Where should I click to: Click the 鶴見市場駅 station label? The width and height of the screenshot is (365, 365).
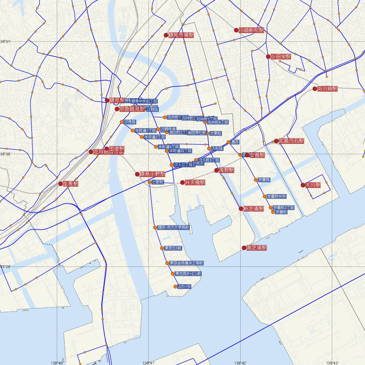pos(181,35)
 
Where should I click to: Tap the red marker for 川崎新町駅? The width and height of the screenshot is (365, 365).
pos(236,30)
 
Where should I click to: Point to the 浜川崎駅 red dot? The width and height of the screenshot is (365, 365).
pos(315,89)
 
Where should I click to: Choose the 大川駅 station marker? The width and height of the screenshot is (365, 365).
pos(303,185)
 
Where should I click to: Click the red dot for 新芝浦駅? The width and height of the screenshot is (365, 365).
pos(241,209)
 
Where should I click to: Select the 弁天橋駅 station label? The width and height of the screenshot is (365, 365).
pos(195,182)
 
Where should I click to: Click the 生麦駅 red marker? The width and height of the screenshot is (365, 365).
pos(61,184)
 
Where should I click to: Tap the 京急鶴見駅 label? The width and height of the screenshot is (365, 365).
pos(133,109)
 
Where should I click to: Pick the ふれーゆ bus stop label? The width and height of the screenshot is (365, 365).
pos(184,287)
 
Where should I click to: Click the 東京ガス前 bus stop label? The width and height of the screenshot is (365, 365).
pos(173,248)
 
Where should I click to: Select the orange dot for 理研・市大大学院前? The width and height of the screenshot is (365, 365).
pos(155,228)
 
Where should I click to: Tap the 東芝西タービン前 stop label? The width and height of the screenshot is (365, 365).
pos(188,274)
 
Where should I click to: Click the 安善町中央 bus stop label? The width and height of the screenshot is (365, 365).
pos(276,196)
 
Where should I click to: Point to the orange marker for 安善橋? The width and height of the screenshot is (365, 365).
pos(256,180)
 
